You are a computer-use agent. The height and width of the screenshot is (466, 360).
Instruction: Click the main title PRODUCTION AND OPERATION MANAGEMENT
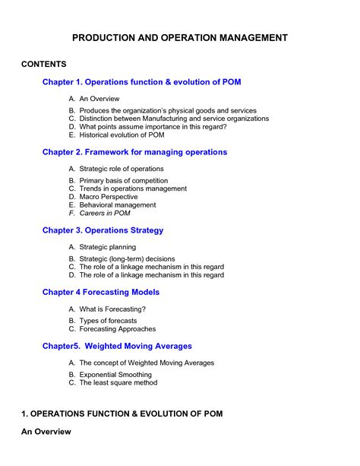point(180,37)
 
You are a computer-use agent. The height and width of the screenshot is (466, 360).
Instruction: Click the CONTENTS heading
point(44,64)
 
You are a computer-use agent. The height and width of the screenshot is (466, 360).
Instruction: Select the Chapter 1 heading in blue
point(141,81)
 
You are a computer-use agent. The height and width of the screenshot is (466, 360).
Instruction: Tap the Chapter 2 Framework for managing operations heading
point(134,152)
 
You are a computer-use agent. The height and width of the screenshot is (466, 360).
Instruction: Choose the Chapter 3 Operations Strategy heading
point(103,230)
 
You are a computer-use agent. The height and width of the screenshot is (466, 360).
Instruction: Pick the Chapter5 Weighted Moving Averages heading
point(117,346)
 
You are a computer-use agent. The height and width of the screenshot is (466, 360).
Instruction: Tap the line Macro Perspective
point(109,197)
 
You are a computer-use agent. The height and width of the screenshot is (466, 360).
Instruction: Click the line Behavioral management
point(118,205)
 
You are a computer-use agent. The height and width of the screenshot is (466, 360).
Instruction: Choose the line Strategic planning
point(108,247)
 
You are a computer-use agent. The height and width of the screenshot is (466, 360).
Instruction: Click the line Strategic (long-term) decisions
point(127,258)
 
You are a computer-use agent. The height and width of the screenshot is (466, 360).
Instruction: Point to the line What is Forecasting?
point(112,309)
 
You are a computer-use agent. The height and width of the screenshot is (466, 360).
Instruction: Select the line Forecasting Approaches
point(118,329)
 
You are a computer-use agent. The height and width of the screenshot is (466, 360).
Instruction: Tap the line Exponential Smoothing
point(115,375)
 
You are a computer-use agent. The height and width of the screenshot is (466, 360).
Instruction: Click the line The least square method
point(118,383)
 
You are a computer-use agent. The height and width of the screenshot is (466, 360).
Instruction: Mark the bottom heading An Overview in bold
point(46,432)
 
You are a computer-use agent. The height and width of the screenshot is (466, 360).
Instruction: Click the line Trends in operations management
point(133,189)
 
